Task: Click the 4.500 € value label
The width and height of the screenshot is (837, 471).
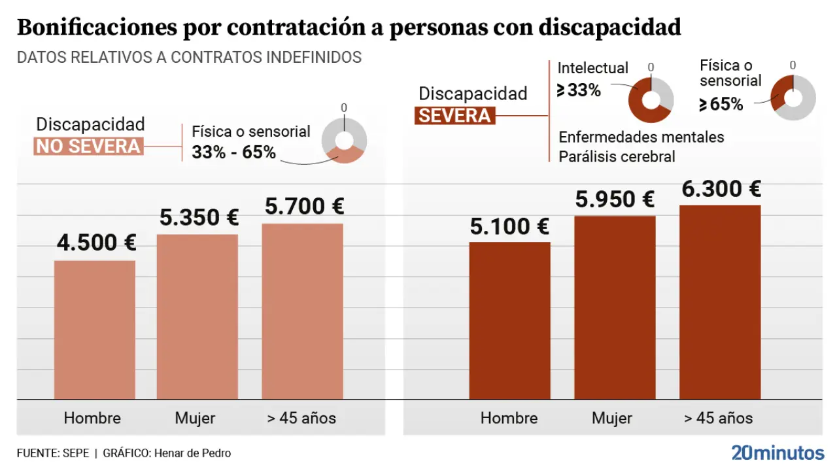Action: point(96,243)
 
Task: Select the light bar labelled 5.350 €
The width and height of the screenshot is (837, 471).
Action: point(197,317)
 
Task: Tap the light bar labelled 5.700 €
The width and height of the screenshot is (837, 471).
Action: point(302,311)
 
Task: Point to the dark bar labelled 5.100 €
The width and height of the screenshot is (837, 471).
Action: point(510,321)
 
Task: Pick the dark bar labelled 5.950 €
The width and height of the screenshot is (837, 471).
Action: point(615,307)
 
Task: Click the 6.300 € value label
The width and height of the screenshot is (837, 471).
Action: point(721,190)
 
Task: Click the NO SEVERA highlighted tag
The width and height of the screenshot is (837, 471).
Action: point(88,146)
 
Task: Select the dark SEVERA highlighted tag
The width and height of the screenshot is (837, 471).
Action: point(454,116)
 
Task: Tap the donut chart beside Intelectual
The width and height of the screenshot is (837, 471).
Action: point(651,100)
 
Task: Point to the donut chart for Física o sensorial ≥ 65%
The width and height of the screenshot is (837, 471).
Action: point(793,97)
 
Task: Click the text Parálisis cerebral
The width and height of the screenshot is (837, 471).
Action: point(617,157)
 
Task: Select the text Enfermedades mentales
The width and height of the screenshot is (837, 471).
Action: point(641,137)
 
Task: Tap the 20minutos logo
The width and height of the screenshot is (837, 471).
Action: point(777,453)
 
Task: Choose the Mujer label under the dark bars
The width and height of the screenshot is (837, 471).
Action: point(612,418)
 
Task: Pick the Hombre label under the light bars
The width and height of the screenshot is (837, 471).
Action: point(92,418)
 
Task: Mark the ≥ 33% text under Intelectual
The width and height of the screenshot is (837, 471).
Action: point(579,90)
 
